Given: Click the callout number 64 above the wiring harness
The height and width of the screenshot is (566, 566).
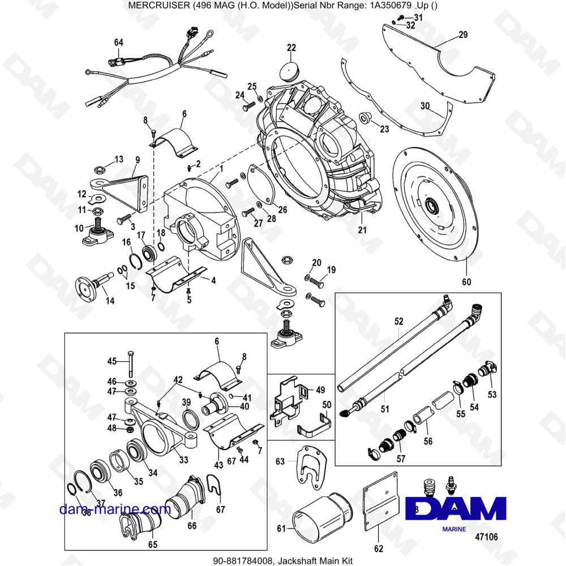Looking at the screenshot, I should (118, 42).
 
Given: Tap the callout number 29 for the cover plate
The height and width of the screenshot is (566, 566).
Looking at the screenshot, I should (463, 35).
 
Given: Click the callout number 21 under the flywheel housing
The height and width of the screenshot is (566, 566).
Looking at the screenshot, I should (362, 229).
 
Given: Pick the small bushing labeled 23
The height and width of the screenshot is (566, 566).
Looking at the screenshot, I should (365, 118).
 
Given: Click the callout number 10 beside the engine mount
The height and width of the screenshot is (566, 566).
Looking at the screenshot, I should (79, 228).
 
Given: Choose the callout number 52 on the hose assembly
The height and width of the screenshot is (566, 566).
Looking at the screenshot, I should (398, 321).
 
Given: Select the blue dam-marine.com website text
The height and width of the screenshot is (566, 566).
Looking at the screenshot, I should (115, 509).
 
